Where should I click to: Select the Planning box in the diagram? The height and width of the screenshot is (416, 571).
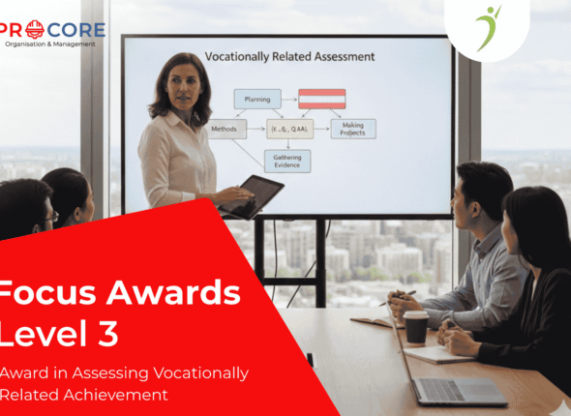(256, 98)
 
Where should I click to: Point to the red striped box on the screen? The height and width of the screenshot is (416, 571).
(322, 98)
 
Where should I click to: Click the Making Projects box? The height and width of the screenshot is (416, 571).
(352, 129)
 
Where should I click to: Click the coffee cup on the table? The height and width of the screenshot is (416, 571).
(415, 327)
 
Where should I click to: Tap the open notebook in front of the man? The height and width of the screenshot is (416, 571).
(377, 321)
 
